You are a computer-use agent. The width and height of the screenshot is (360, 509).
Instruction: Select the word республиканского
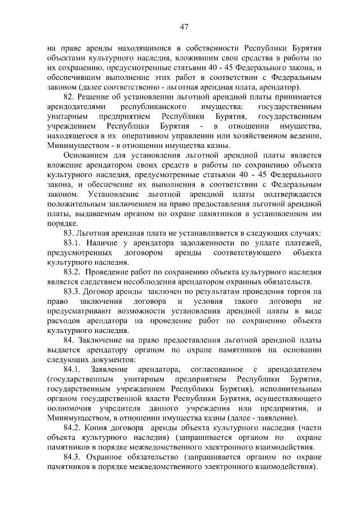(x=147, y=107)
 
